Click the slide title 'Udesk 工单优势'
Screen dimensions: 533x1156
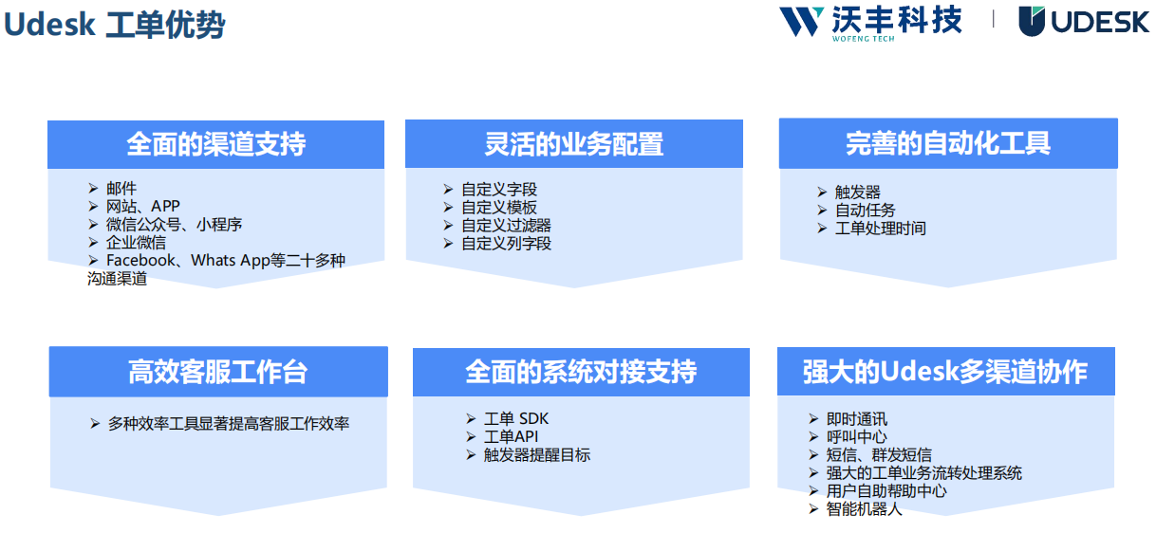point(114,26)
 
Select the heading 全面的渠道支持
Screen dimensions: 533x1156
point(215,145)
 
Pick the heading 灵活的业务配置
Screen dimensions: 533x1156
point(573,144)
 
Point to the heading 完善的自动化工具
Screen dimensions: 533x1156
point(947,143)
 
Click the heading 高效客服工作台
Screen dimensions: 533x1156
point(217,372)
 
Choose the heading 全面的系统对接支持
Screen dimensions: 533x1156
point(580,372)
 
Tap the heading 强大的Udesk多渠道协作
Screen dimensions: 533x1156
point(944,372)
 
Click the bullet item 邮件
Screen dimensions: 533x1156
point(121,189)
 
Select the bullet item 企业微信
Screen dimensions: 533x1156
point(136,242)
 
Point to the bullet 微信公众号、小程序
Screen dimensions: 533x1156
point(174,225)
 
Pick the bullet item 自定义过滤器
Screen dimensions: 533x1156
point(506,226)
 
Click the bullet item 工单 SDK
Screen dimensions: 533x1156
point(516,419)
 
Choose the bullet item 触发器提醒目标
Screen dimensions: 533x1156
point(536,455)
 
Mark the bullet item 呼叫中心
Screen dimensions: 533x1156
point(856,437)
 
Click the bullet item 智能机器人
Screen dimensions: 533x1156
point(864,509)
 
